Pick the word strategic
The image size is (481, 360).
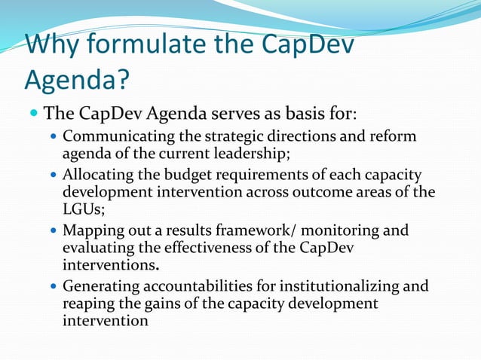(224, 138)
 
